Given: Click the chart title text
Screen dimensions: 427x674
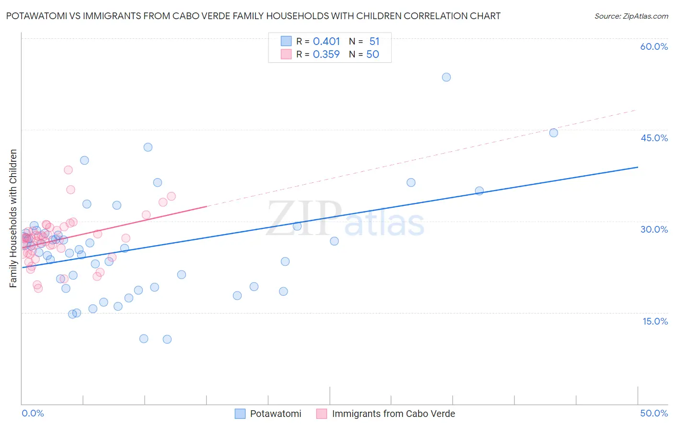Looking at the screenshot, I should pos(253,16).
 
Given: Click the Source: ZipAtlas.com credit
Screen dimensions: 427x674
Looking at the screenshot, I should pos(631,16).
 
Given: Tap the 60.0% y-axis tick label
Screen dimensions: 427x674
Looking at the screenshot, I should pos(654,46).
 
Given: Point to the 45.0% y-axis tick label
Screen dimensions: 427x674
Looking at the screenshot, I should pos(654,138).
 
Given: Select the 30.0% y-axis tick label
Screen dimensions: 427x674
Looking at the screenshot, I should pos(654,229).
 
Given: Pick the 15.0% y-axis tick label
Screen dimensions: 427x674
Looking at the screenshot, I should pos(655,321).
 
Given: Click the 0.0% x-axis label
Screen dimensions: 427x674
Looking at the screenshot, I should pos(33,413).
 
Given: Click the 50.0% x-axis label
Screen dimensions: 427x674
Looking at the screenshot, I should pos(654,413).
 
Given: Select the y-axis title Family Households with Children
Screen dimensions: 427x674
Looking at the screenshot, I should pos(13,218).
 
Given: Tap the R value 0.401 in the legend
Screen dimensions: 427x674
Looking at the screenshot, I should pos(326,41).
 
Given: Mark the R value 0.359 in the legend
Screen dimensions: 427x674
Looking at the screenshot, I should pos(326,55).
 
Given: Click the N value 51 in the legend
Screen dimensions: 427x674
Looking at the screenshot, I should pos(374,41).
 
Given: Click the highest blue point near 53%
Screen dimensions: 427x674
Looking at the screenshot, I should pos(446,77).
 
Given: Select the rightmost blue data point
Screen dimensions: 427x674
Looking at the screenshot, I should pos(554,133).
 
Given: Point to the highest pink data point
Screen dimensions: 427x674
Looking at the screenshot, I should pos(68,170).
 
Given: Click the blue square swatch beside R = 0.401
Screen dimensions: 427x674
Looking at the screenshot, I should pos(286,41).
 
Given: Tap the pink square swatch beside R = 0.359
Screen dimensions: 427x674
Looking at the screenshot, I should pos(286,54).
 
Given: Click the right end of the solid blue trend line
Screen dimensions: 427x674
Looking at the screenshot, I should pos(638,167).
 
